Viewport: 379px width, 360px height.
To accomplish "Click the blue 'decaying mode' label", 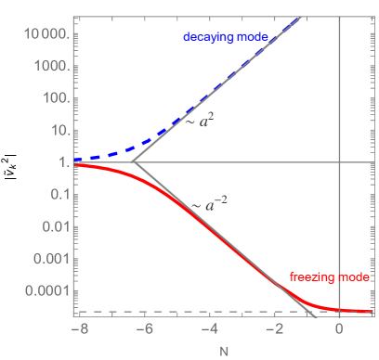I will (226, 37).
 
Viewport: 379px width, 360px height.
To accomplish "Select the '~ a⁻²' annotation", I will (209, 205).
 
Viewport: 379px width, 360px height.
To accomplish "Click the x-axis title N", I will (224, 350).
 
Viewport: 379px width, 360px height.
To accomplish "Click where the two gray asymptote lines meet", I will (134, 162).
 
